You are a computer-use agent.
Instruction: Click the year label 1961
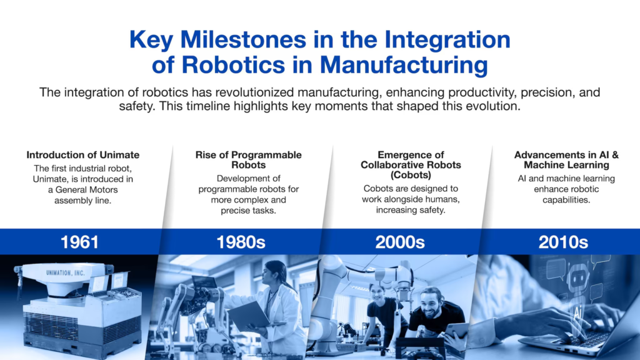79,242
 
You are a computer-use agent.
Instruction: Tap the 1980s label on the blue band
241,242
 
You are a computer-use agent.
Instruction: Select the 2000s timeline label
400,242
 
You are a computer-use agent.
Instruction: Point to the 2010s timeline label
563,242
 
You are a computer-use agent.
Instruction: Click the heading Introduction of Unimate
83,155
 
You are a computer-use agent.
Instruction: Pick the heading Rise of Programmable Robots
249,160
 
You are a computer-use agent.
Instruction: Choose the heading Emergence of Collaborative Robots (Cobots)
411,165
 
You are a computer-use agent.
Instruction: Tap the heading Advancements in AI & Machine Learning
566,160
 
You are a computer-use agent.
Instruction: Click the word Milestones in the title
243,39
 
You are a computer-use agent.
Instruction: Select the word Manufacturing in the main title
404,64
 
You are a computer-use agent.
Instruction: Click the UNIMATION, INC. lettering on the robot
65,272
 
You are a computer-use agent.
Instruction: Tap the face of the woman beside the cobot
377,294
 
